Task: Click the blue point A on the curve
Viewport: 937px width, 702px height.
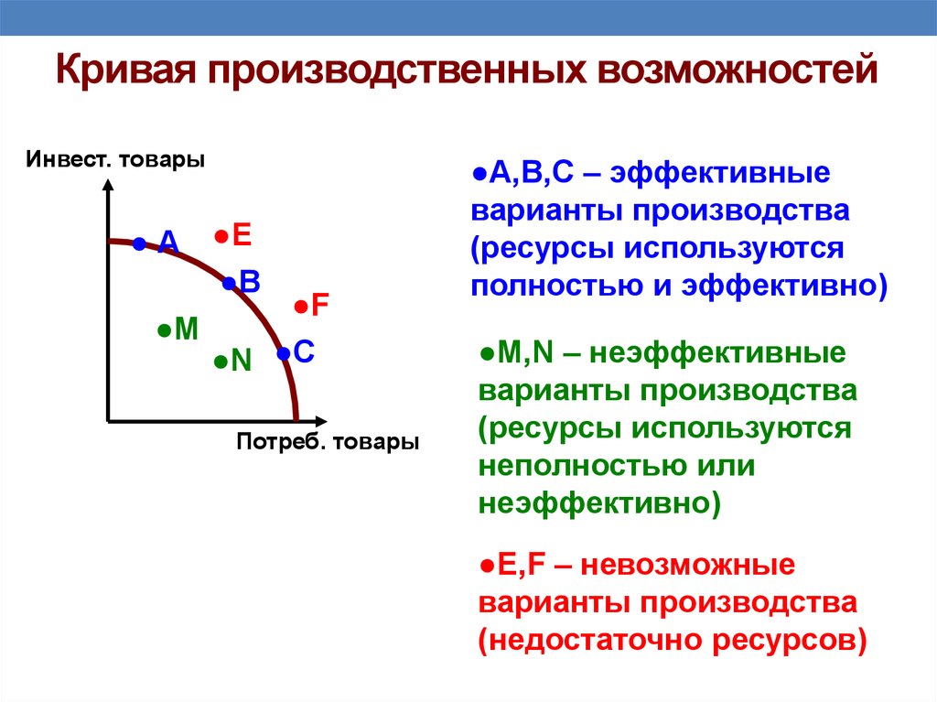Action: click(x=139, y=244)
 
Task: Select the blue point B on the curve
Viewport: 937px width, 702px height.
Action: click(x=229, y=284)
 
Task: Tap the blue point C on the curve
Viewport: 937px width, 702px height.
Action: click(x=284, y=353)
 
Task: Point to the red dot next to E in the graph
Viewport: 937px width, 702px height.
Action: click(x=221, y=237)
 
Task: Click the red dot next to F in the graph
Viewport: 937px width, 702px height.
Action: click(x=301, y=308)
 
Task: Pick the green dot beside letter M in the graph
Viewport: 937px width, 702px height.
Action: click(x=165, y=330)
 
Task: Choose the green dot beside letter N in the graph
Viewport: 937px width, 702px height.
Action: click(x=221, y=362)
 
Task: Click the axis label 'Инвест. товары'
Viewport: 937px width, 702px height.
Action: click(x=115, y=159)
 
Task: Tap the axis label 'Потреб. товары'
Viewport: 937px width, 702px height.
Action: click(x=328, y=442)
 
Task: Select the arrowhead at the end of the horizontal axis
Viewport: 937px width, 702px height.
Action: click(x=321, y=421)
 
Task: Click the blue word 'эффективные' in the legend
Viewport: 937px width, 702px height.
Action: click(x=720, y=173)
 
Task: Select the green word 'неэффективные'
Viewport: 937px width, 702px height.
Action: click(x=717, y=353)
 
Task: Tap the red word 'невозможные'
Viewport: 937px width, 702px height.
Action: click(x=688, y=565)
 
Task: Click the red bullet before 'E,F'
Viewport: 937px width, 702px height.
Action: click(x=487, y=565)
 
